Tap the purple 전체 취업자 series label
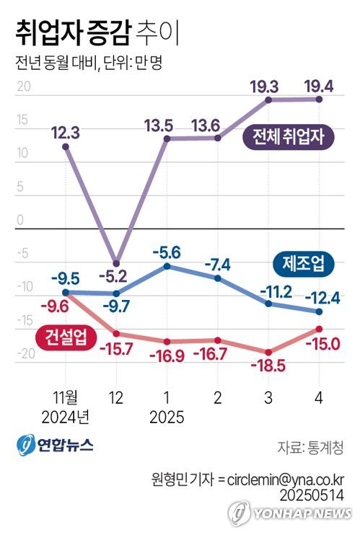coord(289,136)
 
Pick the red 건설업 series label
coord(61,337)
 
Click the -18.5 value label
coord(268,366)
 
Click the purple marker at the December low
coord(116,262)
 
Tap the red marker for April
coord(319,329)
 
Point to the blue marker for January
coord(167,266)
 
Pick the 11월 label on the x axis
coord(66,397)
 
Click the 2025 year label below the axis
coord(167,417)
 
